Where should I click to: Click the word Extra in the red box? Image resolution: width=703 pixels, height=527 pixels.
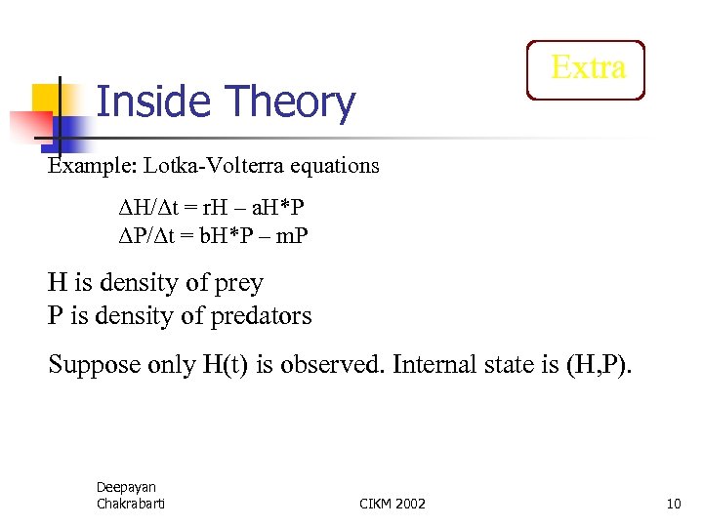tap(587, 67)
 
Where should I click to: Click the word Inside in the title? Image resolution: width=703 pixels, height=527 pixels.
tap(153, 102)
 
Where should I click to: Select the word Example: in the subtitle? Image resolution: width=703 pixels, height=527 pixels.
tap(93, 165)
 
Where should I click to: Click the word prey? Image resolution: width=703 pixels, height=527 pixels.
tap(238, 283)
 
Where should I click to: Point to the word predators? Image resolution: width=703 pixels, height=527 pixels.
tap(257, 315)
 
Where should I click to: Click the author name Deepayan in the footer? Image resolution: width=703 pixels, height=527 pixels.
tap(126, 487)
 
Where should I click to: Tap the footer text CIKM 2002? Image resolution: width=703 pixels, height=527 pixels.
tap(393, 504)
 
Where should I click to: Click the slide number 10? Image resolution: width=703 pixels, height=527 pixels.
tap(673, 504)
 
